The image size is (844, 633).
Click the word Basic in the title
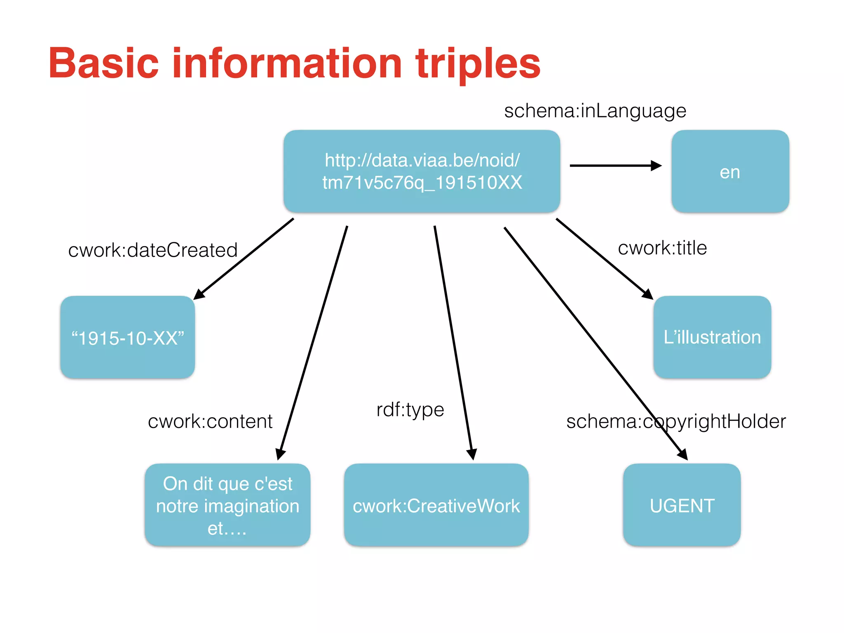(103, 63)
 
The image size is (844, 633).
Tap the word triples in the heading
(478, 63)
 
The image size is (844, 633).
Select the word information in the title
(287, 63)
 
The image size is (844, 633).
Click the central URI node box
(422, 171)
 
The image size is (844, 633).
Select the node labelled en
(730, 171)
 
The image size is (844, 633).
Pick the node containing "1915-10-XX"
(127, 337)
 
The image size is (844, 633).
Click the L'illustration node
(712, 337)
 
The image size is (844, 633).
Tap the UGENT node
(682, 505)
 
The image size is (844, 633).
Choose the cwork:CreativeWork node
(436, 505)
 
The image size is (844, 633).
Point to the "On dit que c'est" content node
(227, 505)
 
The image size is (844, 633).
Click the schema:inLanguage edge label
(595, 111)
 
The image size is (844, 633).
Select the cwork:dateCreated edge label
(153, 250)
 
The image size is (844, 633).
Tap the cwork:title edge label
(662, 248)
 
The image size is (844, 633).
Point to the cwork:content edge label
(210, 421)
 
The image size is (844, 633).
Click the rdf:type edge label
(410, 410)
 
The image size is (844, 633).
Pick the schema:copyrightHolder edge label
(676, 421)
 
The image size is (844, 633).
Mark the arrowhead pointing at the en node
(656, 166)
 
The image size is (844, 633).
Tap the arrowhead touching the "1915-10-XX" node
(199, 294)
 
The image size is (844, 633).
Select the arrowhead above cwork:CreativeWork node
(472, 454)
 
